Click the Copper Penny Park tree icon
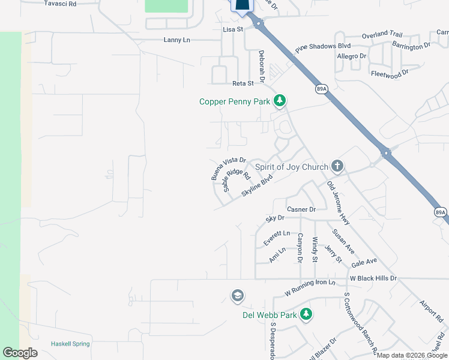point(279,101)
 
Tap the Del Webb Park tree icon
point(306,314)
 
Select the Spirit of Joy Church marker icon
point(337,167)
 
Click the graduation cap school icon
point(238,296)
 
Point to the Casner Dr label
point(301,209)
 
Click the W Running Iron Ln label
point(310,288)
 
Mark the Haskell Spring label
point(71,344)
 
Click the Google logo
point(20,353)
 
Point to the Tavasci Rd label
point(61,4)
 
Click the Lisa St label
point(233,29)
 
